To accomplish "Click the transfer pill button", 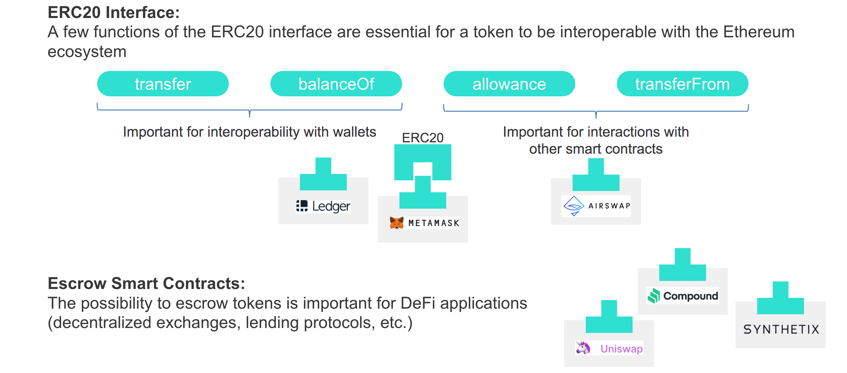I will click(x=163, y=84).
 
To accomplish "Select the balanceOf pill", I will click(x=336, y=84).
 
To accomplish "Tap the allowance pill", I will click(x=509, y=84).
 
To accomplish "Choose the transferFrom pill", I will click(x=682, y=84).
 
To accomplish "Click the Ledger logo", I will click(x=323, y=206).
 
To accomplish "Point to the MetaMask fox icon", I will click(x=397, y=223).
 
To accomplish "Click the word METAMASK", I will click(x=434, y=223).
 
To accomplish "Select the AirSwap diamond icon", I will click(x=573, y=206).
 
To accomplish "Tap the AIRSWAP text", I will click(x=609, y=206).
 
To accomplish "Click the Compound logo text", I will click(x=690, y=296).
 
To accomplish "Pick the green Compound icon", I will click(x=654, y=296).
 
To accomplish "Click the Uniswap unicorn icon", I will click(x=583, y=348).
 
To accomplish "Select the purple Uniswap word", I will click(x=621, y=349).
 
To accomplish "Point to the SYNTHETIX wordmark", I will click(x=781, y=329).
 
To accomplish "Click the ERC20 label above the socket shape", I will click(x=423, y=138).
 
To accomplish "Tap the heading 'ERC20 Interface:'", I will click(x=114, y=13).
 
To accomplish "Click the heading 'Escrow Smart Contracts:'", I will click(x=146, y=283).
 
